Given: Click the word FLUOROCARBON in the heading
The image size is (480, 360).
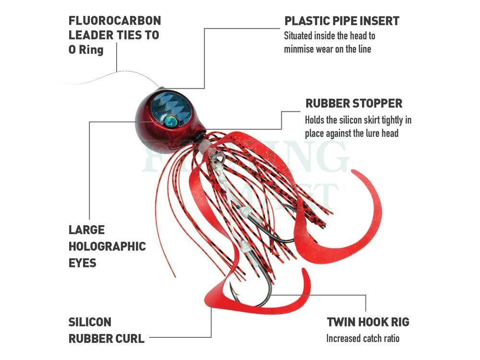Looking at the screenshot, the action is tap(115, 21).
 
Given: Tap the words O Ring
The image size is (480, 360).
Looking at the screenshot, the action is tap(86, 49).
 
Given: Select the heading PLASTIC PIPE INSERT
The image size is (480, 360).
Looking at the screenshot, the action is tap(342, 21).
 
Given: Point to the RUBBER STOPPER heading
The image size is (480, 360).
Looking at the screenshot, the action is tap(354, 104).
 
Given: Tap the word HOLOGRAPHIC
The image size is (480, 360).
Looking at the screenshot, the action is tap(107, 246).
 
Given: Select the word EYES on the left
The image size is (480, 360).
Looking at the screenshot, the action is tap(83, 263).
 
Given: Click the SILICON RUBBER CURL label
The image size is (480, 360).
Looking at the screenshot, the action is tap(106, 330).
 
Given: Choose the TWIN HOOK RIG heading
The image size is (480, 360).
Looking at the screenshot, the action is tap(368, 322).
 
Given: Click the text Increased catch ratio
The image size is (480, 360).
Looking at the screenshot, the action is tap(363, 338).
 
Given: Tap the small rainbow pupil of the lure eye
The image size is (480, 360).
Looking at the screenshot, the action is tap(170, 121).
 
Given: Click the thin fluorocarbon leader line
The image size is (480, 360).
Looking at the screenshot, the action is tap(116, 73).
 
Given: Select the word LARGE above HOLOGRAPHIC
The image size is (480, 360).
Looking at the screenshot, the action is tap(86, 230).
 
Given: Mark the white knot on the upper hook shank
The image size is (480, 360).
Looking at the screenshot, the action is tap(245, 211).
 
